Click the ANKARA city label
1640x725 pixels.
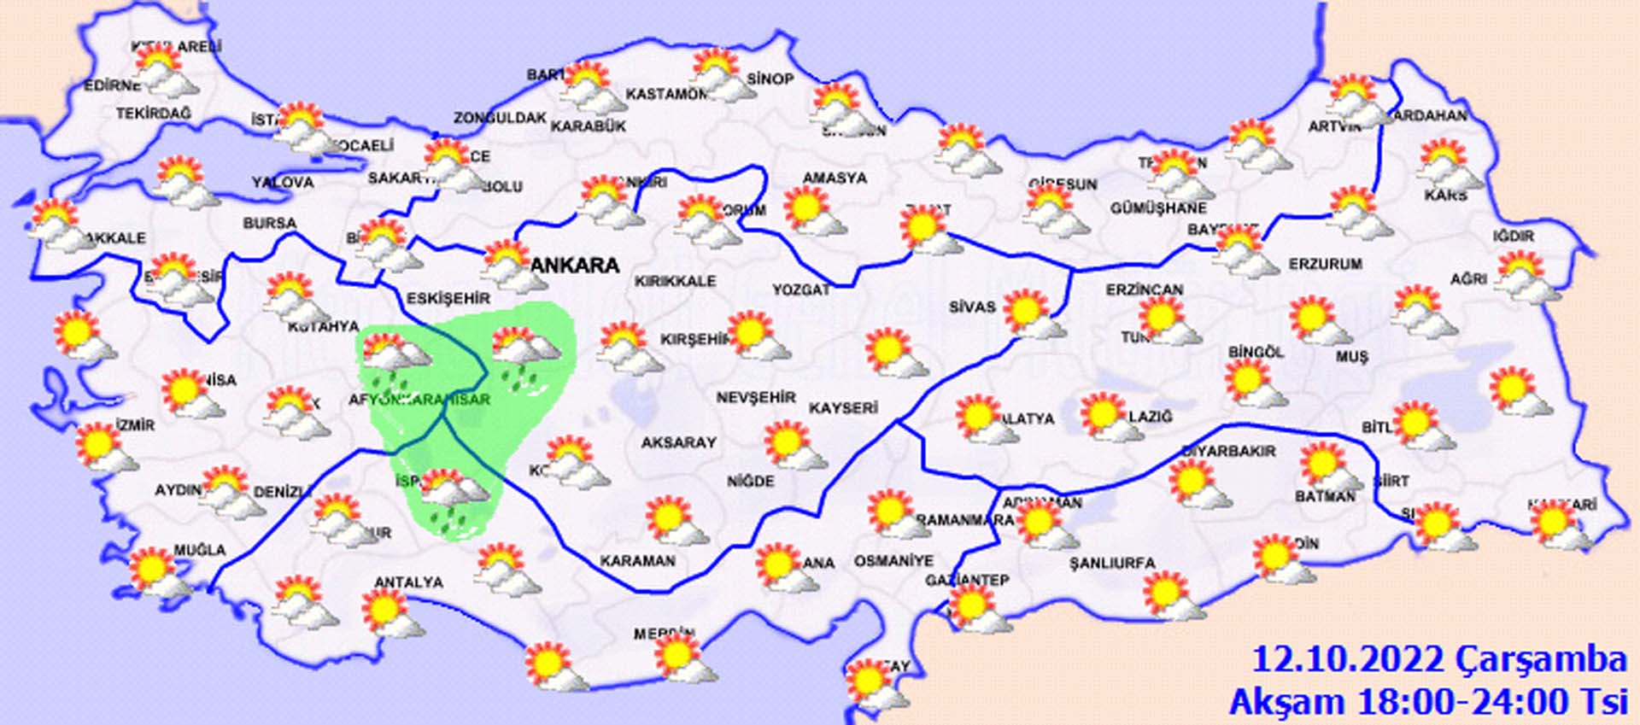pos(574,265)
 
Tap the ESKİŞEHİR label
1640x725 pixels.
pos(448,298)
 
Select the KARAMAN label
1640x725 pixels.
pos(637,561)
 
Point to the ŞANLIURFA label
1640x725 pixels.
pos(1112,564)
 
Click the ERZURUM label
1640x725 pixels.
pos(1325,265)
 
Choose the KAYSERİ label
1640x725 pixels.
pos(843,408)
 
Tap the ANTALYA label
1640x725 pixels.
pos(408,582)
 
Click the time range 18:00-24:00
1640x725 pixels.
pos(1469,702)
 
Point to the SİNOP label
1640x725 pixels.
pos(770,79)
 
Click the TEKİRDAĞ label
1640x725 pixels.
pos(154,114)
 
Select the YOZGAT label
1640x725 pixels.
pos(801,290)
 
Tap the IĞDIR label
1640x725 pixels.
pos(1514,236)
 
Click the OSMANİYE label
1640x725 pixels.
pos(893,561)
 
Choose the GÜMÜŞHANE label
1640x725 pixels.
pos(1158,208)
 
